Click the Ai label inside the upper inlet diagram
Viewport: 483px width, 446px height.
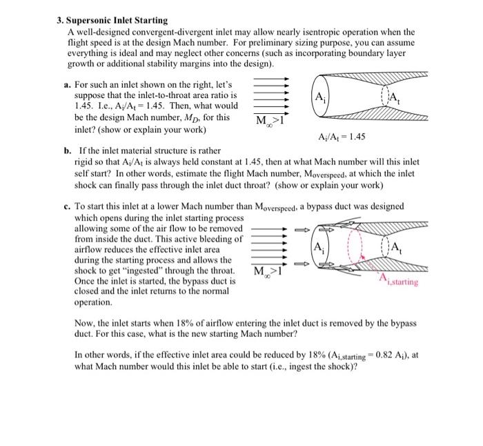(319, 96)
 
